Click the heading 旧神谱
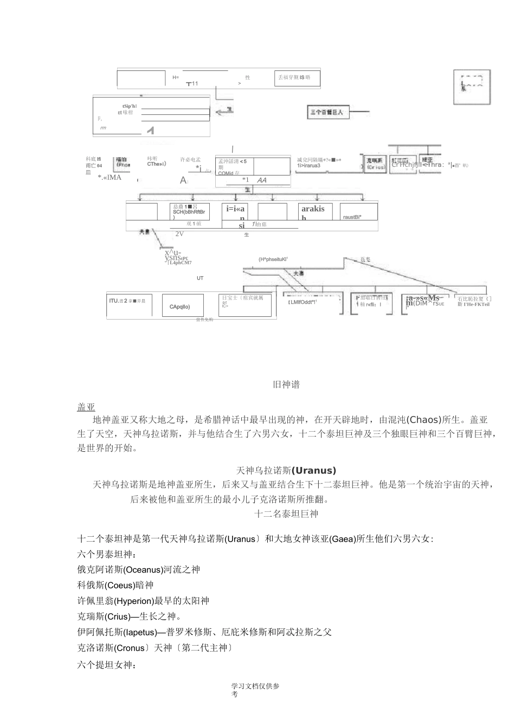coord(286,385)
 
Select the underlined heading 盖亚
coord(86,407)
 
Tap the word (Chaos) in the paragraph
coord(427,420)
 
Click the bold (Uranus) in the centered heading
coord(314,470)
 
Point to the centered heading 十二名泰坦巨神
coord(286,513)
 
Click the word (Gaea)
coord(342,539)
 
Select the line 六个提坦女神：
coord(107,665)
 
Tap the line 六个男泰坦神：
coord(107,554)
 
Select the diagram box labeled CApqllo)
coord(183,307)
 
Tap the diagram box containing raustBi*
coord(358,212)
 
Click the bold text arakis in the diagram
coord(313,209)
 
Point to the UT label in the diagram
coord(200,278)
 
